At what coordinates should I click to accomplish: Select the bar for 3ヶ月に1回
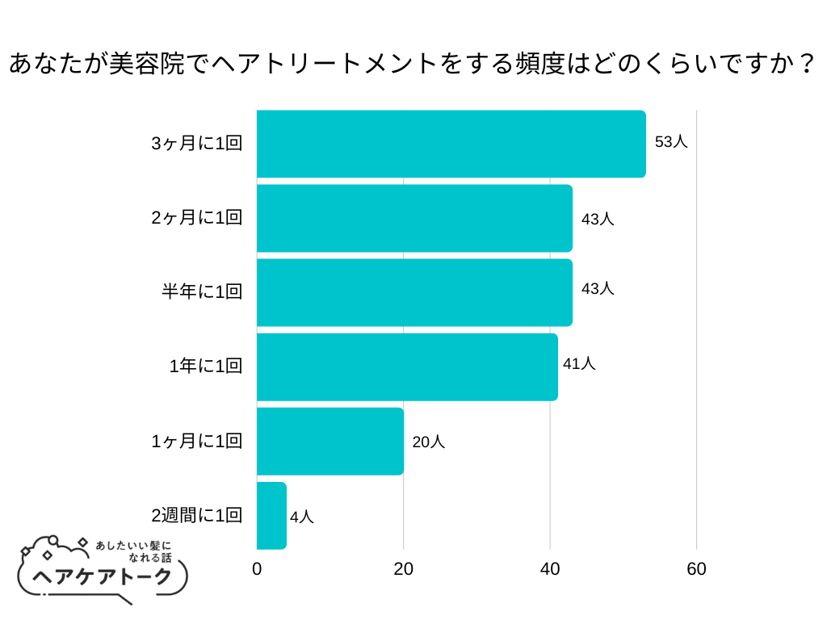tap(451, 144)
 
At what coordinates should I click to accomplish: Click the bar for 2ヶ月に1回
tap(414, 218)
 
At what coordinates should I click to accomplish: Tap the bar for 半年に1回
tap(414, 292)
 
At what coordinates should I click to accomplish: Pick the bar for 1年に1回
tap(407, 367)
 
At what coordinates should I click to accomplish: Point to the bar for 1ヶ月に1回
tap(330, 441)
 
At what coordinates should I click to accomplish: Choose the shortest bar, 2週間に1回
tap(271, 515)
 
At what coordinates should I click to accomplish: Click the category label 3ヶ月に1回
tap(196, 144)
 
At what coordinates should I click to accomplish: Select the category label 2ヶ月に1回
tap(196, 218)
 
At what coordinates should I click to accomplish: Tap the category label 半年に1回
tap(202, 292)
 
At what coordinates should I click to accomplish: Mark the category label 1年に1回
tap(205, 367)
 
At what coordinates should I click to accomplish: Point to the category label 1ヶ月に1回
tap(196, 441)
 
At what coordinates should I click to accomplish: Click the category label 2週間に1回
tap(196, 515)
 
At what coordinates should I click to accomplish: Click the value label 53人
tap(670, 142)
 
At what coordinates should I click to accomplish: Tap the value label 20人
tap(428, 442)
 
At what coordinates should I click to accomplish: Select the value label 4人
tap(301, 517)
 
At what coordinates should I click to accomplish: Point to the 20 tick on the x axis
tap(404, 569)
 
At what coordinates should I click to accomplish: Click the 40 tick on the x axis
tap(550, 569)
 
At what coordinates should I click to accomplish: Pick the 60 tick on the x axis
tap(696, 569)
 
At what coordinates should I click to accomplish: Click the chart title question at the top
tap(412, 64)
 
